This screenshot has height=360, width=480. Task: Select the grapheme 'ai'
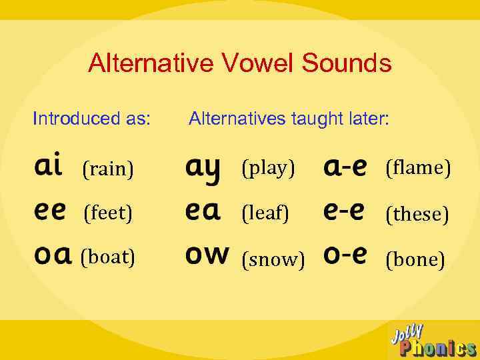(x=48, y=165)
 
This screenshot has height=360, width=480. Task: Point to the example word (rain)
(x=107, y=169)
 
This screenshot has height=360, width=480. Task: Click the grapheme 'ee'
(x=50, y=211)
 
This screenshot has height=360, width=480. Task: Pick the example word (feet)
(x=107, y=213)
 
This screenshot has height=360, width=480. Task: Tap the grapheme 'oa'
(x=52, y=256)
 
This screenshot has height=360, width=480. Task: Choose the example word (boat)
(x=107, y=257)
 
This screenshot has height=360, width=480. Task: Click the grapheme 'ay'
(x=203, y=168)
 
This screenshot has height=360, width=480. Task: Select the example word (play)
(x=268, y=168)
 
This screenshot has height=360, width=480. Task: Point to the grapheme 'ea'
(x=202, y=211)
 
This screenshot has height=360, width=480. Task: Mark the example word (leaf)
(x=265, y=213)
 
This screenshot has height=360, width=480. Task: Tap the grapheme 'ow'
(x=207, y=255)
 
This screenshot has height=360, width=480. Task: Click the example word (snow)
(x=273, y=259)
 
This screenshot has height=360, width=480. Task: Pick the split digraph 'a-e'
(x=345, y=167)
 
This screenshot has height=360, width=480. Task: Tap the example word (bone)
(x=415, y=259)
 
